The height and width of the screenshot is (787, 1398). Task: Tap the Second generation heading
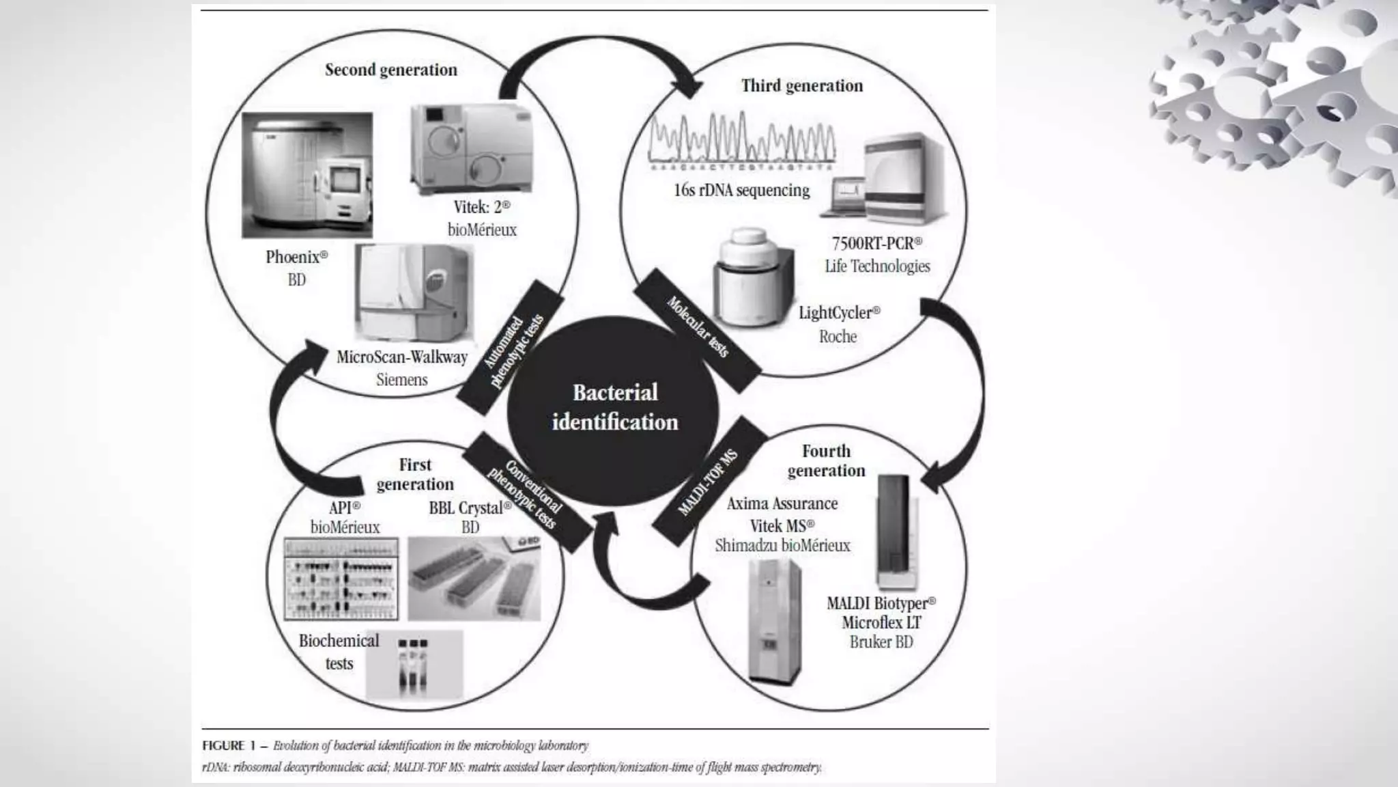point(391,70)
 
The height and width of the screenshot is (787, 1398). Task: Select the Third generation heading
point(802,86)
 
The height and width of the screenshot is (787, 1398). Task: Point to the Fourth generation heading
point(826,460)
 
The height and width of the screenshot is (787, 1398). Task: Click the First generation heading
point(415,474)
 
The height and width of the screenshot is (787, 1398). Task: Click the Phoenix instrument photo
point(307,176)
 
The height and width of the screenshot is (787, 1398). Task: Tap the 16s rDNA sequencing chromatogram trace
point(741,141)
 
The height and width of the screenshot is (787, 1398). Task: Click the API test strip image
point(341,579)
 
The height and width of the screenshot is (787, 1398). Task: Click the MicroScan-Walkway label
point(402,357)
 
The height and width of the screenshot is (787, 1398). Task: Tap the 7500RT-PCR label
point(876,243)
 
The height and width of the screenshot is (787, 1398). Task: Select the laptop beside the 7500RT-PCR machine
point(843,197)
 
